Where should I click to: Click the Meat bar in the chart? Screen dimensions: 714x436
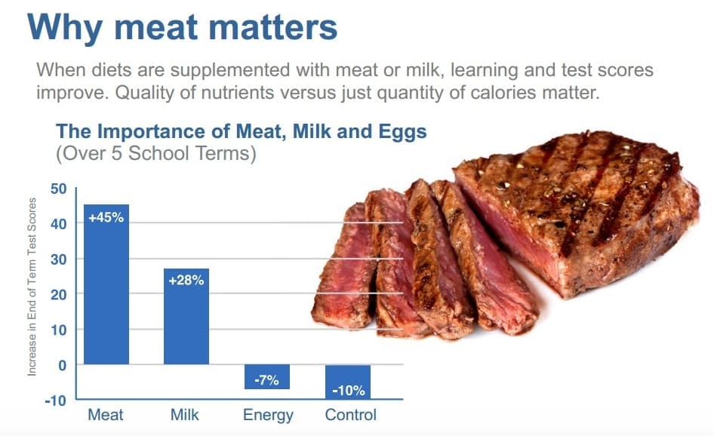coord(106,284)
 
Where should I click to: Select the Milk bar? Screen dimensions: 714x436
coord(186,316)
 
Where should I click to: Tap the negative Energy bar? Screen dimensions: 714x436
coord(267,377)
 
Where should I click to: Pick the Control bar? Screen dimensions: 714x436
coord(348,382)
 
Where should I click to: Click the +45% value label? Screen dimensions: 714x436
coord(106,217)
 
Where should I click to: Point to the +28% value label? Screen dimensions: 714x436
coord(186,280)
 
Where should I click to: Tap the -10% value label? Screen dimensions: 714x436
coord(349,391)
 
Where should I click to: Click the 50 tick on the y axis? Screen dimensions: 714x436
coord(58,189)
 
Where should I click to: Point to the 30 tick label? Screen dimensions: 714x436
coord(58,259)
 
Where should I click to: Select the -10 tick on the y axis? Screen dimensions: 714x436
coord(56,401)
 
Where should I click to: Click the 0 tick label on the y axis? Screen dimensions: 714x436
coord(63,365)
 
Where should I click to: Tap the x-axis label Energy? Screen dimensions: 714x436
coord(268,416)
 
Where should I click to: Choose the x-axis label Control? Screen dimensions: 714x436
coord(351,415)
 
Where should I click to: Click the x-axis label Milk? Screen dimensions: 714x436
coord(184,415)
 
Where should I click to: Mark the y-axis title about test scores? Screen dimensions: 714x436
coord(32,287)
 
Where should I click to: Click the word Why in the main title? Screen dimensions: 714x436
coord(65,28)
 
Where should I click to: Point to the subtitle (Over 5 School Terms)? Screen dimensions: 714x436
coord(155,153)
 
